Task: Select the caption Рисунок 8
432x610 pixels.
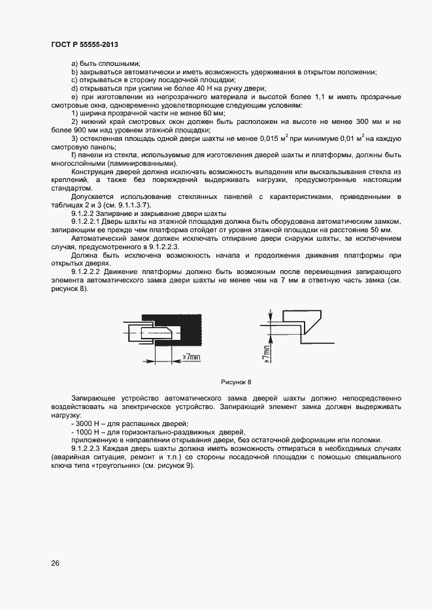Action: (236, 381)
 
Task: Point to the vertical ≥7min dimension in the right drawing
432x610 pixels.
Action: (265, 350)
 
